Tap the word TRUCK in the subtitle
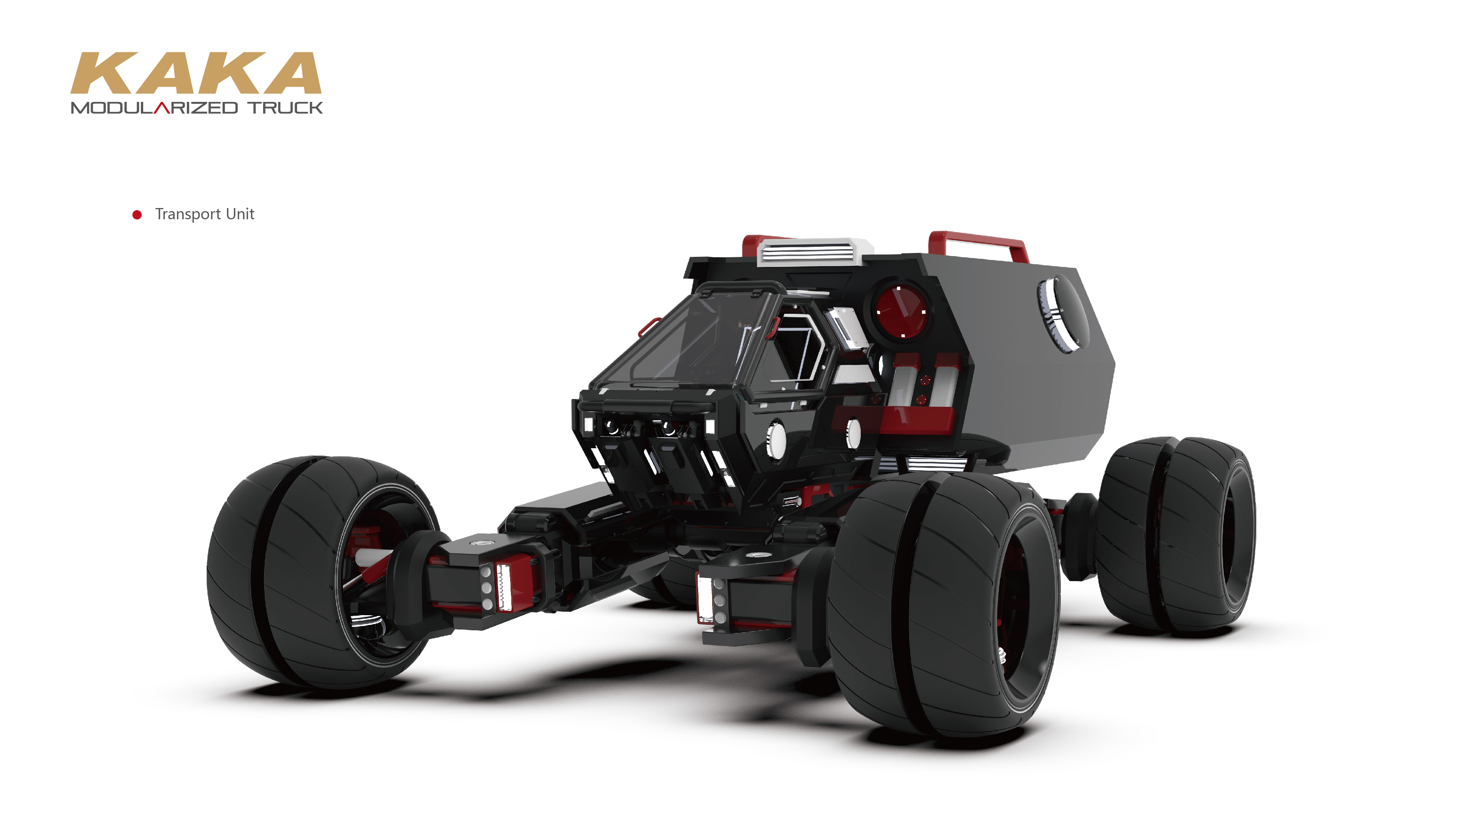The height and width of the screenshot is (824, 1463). [285, 108]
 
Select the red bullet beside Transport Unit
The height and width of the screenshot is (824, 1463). [137, 215]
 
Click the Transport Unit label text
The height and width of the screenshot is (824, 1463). [204, 214]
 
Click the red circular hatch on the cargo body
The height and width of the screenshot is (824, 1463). [901, 312]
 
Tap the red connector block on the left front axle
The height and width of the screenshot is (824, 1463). [511, 585]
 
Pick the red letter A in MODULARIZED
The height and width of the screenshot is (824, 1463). [163, 108]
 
